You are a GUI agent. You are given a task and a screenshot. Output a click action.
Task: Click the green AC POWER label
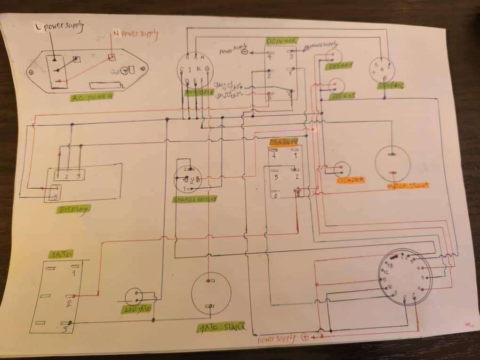[x=92, y=97]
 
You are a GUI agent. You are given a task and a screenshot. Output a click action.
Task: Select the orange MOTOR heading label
[x=283, y=141]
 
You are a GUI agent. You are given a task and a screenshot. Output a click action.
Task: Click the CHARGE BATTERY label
[x=195, y=199]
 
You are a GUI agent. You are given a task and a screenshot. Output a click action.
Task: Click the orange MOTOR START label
[x=408, y=185]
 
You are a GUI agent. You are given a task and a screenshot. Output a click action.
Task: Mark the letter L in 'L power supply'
[x=39, y=27]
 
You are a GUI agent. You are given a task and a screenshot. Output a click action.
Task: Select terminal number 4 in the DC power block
[x=269, y=57]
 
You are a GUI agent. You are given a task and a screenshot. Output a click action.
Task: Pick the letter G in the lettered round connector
[x=207, y=70]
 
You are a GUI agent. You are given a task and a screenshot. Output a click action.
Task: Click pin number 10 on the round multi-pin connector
[x=389, y=287]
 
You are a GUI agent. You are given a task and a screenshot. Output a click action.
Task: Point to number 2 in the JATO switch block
[x=69, y=304]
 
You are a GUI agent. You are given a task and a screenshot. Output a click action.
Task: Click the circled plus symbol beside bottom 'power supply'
[x=304, y=337]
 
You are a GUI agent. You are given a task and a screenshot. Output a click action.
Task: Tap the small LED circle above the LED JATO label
[x=134, y=296]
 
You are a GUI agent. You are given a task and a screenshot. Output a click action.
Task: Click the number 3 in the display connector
[x=79, y=176]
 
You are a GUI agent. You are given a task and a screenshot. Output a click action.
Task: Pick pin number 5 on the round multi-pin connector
[x=423, y=278]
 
